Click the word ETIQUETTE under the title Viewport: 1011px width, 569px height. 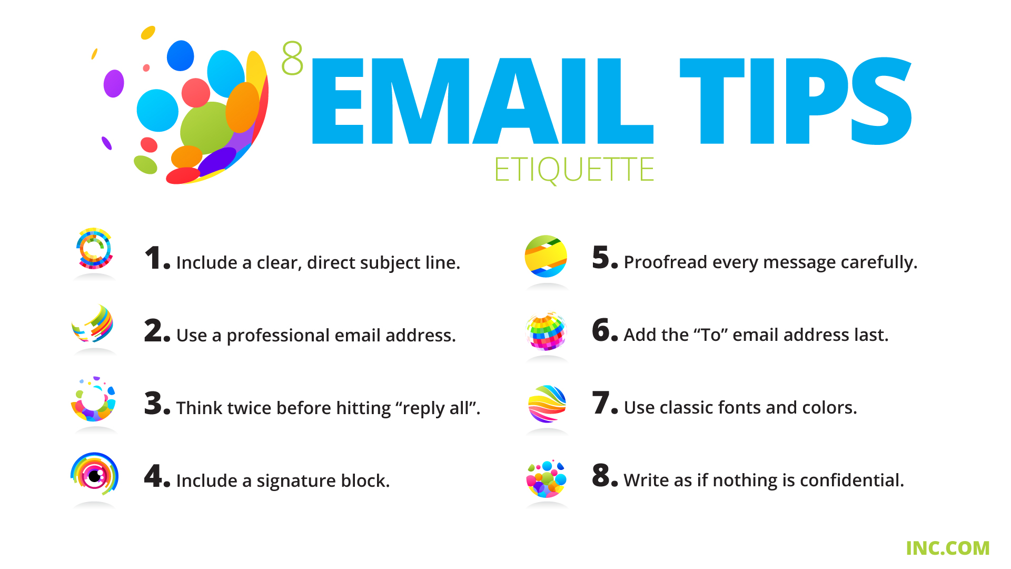click(574, 170)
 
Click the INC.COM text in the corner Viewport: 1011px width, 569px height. click(947, 548)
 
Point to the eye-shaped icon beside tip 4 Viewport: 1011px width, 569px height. click(95, 474)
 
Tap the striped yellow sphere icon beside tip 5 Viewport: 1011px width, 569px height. click(546, 257)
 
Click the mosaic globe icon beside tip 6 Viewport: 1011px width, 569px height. click(546, 331)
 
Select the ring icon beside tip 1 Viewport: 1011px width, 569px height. click(94, 248)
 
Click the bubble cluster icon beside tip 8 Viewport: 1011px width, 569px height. click(547, 478)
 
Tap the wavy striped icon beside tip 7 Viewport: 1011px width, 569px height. click(547, 404)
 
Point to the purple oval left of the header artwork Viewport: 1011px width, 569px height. click(114, 83)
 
